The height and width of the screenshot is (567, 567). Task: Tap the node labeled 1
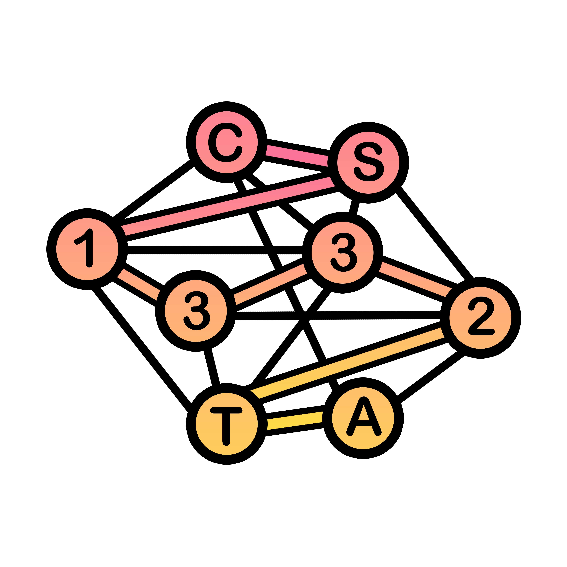(87, 249)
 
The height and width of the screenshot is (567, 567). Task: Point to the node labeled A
(363, 418)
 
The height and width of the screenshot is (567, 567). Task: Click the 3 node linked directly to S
(342, 253)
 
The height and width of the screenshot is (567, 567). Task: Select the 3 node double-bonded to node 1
(196, 311)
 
